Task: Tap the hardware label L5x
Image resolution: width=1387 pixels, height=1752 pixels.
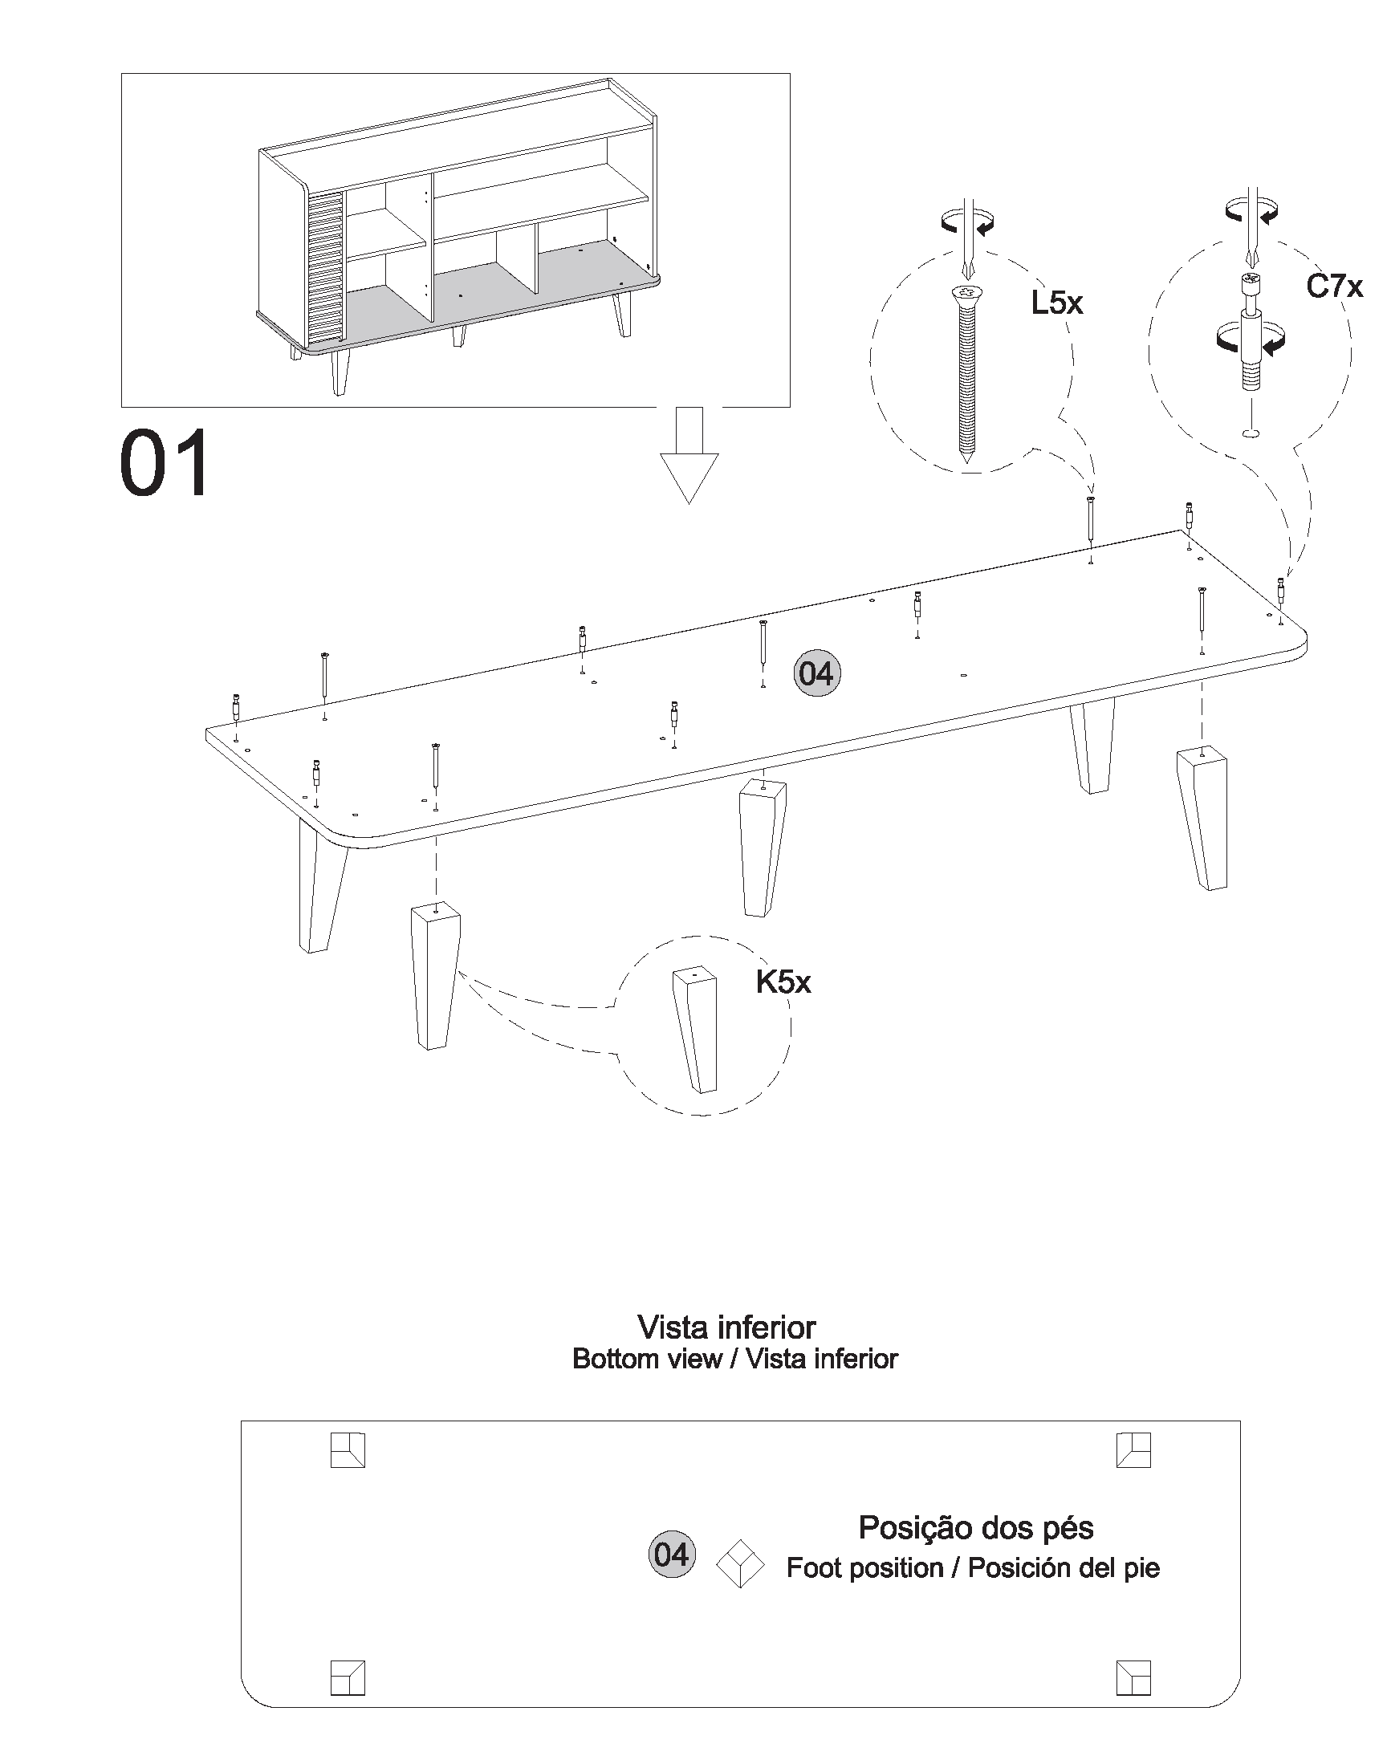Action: click(1056, 303)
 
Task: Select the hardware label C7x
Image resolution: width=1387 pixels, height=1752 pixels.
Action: click(1334, 287)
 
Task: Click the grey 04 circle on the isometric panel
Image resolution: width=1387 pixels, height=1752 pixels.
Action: click(816, 673)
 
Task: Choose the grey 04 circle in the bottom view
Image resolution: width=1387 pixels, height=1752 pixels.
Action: click(672, 1554)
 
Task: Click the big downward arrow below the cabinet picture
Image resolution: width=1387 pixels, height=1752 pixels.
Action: click(689, 454)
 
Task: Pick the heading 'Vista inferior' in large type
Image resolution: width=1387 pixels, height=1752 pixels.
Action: click(726, 1327)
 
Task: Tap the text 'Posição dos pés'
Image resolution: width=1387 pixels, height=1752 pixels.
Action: click(976, 1527)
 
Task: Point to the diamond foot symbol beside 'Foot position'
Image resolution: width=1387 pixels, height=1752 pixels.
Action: click(740, 1563)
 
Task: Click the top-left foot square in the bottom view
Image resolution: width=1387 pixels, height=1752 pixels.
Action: click(348, 1450)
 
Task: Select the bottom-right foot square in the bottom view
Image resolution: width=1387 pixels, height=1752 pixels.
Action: click(1133, 1677)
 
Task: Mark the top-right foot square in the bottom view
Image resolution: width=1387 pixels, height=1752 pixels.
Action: click(1133, 1450)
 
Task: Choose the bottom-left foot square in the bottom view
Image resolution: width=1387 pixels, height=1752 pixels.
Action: click(348, 1677)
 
